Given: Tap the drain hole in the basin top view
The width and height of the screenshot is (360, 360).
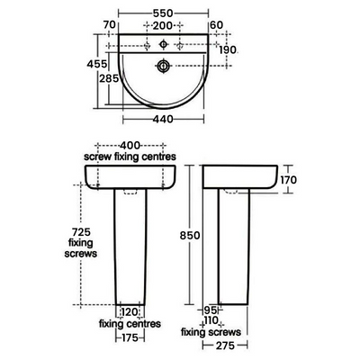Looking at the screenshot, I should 164,66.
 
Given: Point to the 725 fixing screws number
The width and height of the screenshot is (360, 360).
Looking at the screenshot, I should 82,232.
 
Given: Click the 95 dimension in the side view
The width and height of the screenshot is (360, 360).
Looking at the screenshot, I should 210,309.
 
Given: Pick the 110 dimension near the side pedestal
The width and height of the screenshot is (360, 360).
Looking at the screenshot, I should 211,319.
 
